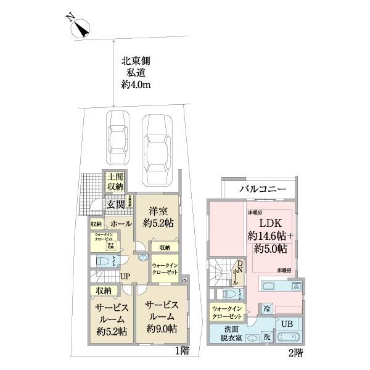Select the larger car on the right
157,149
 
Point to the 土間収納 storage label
115,180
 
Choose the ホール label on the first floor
121,224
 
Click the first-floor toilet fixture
101,261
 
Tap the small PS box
184,279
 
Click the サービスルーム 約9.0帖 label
163,316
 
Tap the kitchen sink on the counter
270,286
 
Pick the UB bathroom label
287,323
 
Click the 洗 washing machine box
267,337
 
